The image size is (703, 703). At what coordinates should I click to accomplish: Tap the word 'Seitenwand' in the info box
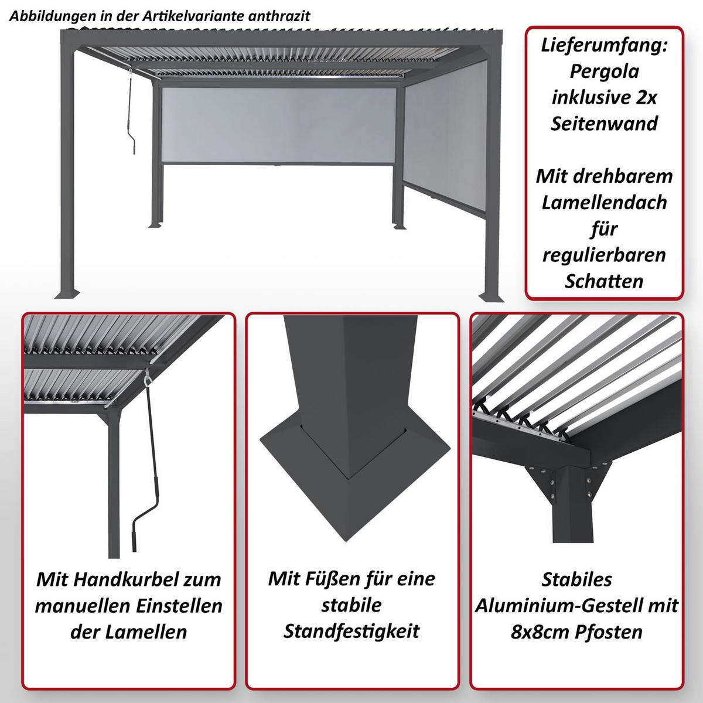[x=604, y=124]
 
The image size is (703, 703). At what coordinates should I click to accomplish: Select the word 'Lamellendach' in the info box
[x=604, y=203]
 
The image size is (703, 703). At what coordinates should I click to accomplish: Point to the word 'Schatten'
[x=604, y=281]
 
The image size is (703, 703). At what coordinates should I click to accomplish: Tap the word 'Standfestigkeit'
[x=351, y=632]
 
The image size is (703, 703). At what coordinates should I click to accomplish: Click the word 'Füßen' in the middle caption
[x=331, y=579]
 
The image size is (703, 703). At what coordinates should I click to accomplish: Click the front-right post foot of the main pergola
[x=490, y=296]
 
